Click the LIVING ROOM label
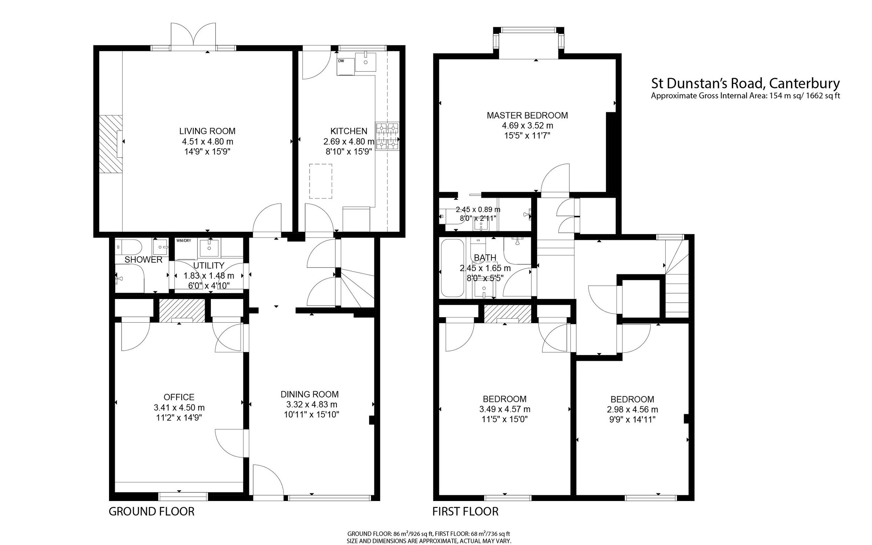[207, 131]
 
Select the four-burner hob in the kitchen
[387, 136]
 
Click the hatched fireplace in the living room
[111, 144]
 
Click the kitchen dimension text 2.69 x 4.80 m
[348, 142]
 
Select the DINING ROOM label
[310, 394]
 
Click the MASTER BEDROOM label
[527, 116]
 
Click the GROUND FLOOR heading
[152, 512]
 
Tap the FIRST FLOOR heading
[465, 512]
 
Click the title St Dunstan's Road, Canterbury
[745, 84]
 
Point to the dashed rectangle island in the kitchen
[320, 181]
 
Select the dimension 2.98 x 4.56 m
[632, 409]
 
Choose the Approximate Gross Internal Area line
[745, 96]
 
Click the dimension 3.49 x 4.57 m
[505, 409]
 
